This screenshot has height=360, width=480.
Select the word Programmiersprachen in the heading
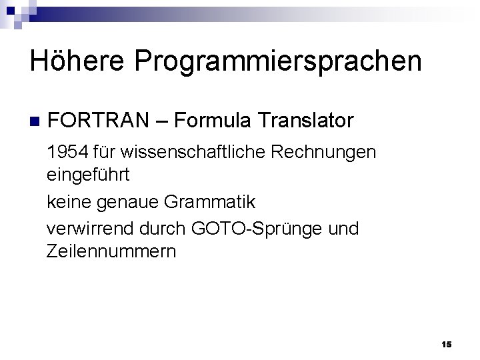click(279, 63)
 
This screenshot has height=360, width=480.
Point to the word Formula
click(217, 121)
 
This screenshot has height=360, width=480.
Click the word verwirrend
click(91, 229)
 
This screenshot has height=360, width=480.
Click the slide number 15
click(446, 344)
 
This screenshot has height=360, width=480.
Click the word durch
click(163, 229)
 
